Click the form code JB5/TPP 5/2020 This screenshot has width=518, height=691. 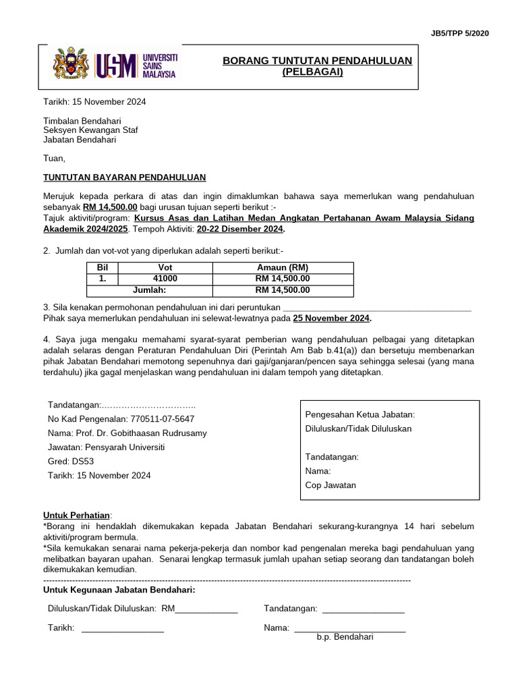[459, 32]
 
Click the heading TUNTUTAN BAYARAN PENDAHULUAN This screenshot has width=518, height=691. [125, 177]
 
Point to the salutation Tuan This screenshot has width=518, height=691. [55, 159]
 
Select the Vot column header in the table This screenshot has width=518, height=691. [165, 268]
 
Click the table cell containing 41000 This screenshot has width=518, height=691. [165, 279]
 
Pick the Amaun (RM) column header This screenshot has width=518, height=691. [283, 268]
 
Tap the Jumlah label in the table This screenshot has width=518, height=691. [150, 290]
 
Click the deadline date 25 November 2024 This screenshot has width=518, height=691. [331, 318]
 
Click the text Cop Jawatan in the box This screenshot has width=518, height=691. [330, 485]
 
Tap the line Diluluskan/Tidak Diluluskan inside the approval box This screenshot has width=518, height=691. [358, 429]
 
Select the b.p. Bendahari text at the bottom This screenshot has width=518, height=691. [345, 636]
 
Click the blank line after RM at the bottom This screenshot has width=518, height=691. [206, 609]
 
